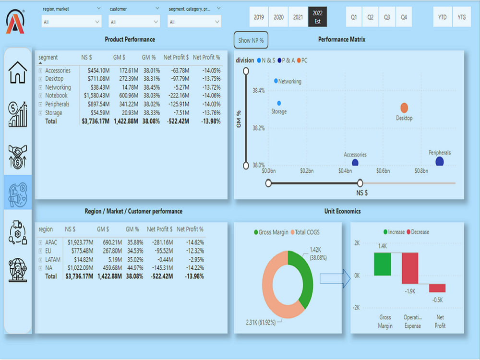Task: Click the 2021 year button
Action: [298, 17]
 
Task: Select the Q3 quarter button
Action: [387, 17]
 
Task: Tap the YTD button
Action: [443, 17]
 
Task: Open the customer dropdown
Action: [134, 22]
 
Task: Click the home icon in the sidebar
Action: [18, 72]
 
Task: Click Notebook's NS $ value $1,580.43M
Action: [96, 96]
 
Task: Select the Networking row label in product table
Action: [58, 87]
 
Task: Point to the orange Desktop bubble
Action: [404, 108]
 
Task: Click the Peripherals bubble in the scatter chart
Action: [440, 161]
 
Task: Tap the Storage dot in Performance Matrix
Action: [279, 103]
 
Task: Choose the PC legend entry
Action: [302, 60]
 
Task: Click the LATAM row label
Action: [53, 260]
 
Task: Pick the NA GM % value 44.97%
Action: [134, 268]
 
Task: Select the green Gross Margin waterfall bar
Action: [383, 264]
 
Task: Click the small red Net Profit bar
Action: [437, 288]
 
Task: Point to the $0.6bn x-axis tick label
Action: [383, 171]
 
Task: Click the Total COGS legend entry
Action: [305, 232]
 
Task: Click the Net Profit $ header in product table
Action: [176, 57]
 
